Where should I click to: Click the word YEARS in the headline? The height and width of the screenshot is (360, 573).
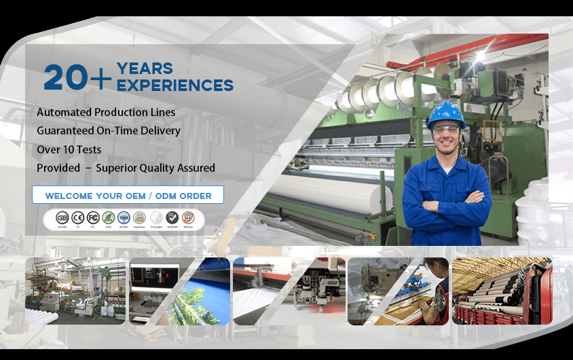click(145, 69)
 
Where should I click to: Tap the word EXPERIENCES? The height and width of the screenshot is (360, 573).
click(175, 86)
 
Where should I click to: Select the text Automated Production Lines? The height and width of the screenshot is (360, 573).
click(106, 112)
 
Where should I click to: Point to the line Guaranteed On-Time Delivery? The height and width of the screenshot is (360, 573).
click(109, 130)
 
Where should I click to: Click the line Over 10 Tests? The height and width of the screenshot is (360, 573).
click(69, 149)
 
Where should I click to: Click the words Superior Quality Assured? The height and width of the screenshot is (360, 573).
click(155, 168)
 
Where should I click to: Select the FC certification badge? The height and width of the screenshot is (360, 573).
click(92, 217)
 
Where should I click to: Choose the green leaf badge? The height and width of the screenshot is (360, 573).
click(107, 217)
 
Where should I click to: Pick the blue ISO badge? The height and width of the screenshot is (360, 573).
click(123, 217)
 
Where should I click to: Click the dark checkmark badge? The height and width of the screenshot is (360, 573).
click(172, 217)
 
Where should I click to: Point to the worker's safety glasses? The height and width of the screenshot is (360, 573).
click(445, 130)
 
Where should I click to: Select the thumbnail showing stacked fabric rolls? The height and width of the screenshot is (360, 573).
click(502, 291)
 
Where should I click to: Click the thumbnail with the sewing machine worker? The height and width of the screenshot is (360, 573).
click(398, 291)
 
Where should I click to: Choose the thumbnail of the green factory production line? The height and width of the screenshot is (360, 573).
click(75, 291)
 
